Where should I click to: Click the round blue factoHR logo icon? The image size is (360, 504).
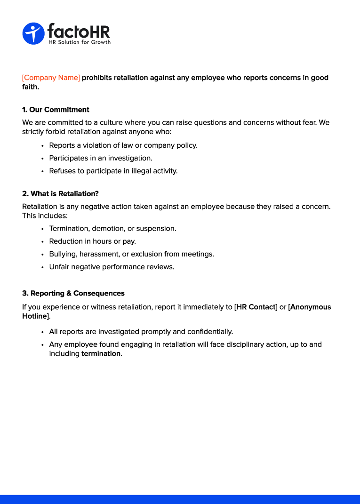tap(33, 33)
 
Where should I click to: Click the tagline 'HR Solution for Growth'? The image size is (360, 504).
tap(80, 42)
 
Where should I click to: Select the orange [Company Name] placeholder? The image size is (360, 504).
tap(51, 78)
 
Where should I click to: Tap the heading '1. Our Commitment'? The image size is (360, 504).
tap(56, 110)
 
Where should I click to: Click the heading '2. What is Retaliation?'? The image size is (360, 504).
tap(60, 193)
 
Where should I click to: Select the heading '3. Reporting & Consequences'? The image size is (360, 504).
tap(73, 293)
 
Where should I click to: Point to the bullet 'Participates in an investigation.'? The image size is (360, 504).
tap(101, 158)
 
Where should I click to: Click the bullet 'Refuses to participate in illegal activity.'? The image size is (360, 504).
tap(113, 171)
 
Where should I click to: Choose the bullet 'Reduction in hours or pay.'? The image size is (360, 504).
tap(92, 241)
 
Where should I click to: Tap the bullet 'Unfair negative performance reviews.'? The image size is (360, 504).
tap(112, 267)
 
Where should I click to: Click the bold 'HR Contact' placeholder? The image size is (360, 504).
tap(256, 307)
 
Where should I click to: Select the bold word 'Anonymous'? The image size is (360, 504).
tap(311, 307)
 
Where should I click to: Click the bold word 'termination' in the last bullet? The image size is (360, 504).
tap(101, 353)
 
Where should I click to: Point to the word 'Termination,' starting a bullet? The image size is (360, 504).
tap(69, 229)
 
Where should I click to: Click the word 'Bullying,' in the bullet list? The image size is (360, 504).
tap(63, 254)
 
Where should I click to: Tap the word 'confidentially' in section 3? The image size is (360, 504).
tap(208, 332)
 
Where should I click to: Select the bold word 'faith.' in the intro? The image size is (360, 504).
tap(31, 87)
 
